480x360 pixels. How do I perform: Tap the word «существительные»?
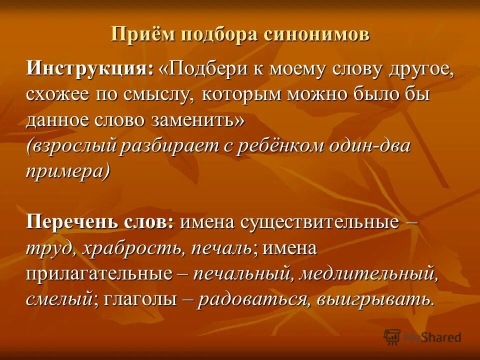coord(320,222)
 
